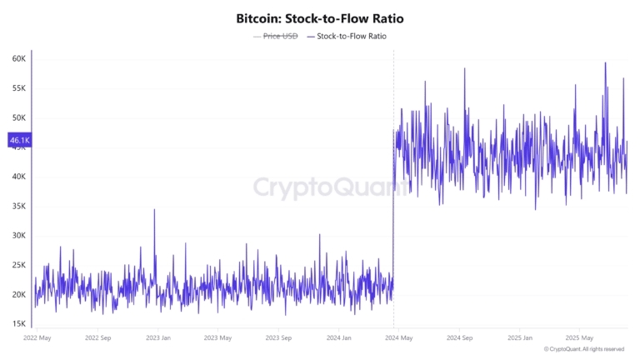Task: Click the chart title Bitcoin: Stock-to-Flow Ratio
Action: click(x=320, y=17)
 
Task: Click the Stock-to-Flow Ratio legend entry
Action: click(x=351, y=37)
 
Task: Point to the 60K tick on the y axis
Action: click(x=18, y=59)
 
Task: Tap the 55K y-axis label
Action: click(x=18, y=88)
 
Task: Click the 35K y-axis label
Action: click(x=18, y=206)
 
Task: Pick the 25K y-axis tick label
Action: click(x=18, y=265)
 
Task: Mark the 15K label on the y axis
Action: click(x=18, y=324)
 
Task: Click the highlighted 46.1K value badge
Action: click(x=19, y=141)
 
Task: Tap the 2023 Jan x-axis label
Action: click(x=158, y=338)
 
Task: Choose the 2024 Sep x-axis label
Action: click(x=459, y=338)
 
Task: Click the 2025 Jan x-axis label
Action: click(x=521, y=338)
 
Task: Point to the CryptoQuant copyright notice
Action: click(x=584, y=349)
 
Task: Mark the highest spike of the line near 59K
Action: click(x=605, y=63)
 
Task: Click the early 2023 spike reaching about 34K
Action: click(x=154, y=210)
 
